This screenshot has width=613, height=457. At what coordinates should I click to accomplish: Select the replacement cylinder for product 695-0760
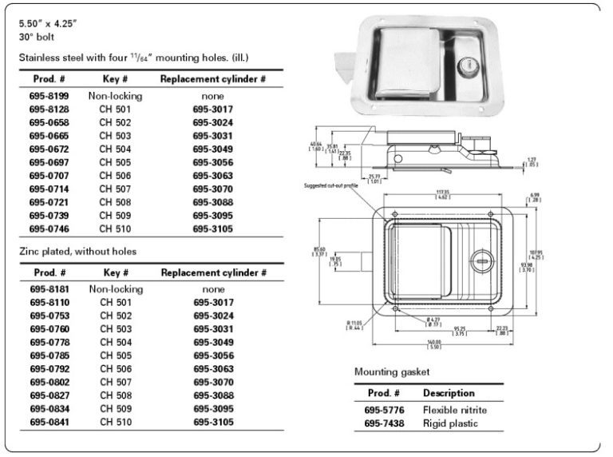click(213, 328)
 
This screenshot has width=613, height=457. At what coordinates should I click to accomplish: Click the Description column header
click(449, 393)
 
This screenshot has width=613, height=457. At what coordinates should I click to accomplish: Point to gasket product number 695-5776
click(382, 410)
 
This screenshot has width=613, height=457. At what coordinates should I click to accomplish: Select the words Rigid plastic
click(450, 423)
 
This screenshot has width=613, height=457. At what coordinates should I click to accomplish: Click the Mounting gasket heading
click(392, 372)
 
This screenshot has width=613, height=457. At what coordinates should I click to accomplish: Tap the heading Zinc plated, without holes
click(77, 251)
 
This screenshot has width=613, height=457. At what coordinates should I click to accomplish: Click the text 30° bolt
click(37, 37)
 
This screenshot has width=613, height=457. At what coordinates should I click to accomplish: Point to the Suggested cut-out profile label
click(329, 185)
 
